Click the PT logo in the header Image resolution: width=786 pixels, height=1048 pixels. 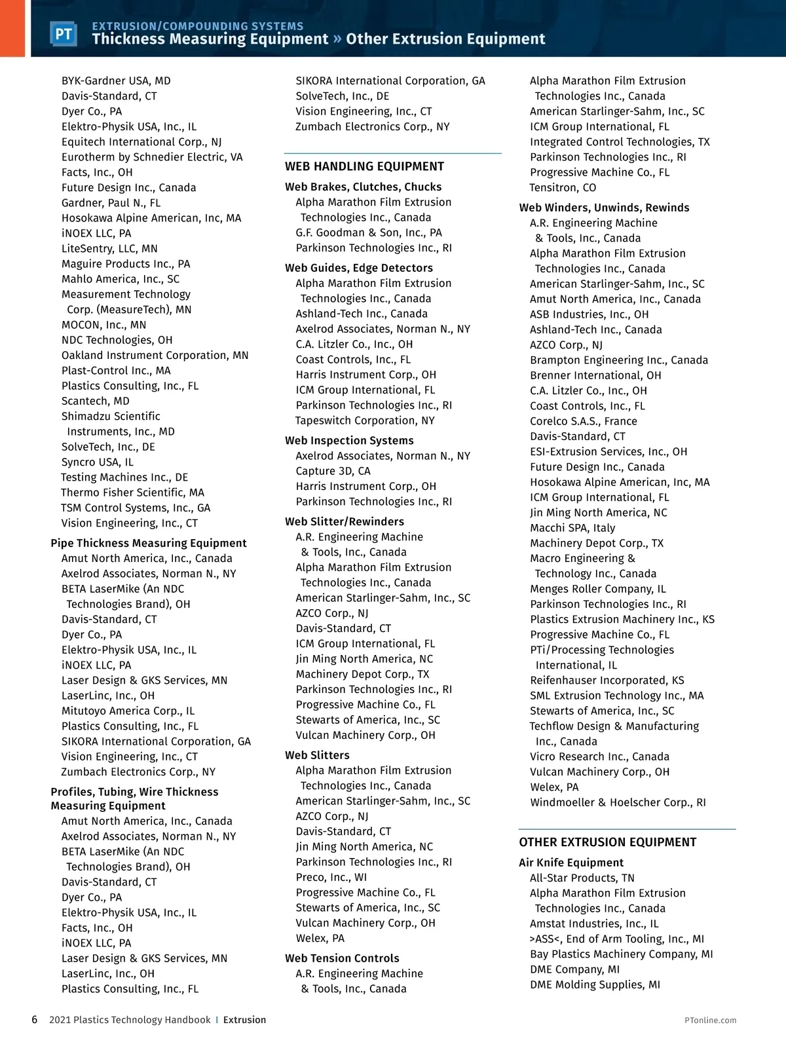tap(64, 34)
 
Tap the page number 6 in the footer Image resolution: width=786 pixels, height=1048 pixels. tap(35, 1020)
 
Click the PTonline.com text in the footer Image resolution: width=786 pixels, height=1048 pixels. tap(710, 1020)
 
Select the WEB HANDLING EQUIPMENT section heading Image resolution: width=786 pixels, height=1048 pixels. tap(364, 166)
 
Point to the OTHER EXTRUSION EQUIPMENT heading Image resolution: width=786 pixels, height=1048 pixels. tap(607, 842)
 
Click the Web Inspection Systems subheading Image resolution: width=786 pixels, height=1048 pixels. tap(349, 441)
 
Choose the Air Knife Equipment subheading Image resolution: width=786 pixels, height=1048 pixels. tap(571, 863)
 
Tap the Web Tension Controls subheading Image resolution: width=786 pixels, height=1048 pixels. tap(342, 958)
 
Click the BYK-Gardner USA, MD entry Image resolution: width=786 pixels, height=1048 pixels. tap(116, 81)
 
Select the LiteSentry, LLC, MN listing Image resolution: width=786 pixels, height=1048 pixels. tap(109, 249)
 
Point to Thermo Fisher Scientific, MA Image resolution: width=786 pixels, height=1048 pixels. tap(132, 493)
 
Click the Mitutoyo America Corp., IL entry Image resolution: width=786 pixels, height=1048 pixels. tap(128, 711)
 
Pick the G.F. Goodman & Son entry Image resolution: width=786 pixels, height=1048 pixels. tap(369, 233)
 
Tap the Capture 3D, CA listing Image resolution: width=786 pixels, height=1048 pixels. tap(333, 471)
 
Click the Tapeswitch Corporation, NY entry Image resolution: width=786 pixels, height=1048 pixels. tap(365, 421)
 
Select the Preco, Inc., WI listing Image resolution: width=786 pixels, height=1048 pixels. tap(331, 877)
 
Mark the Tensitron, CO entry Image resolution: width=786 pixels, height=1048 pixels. tap(563, 188)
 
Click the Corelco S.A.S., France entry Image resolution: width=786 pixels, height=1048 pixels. tap(583, 421)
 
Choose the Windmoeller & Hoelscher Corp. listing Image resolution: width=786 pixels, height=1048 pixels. tap(618, 802)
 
